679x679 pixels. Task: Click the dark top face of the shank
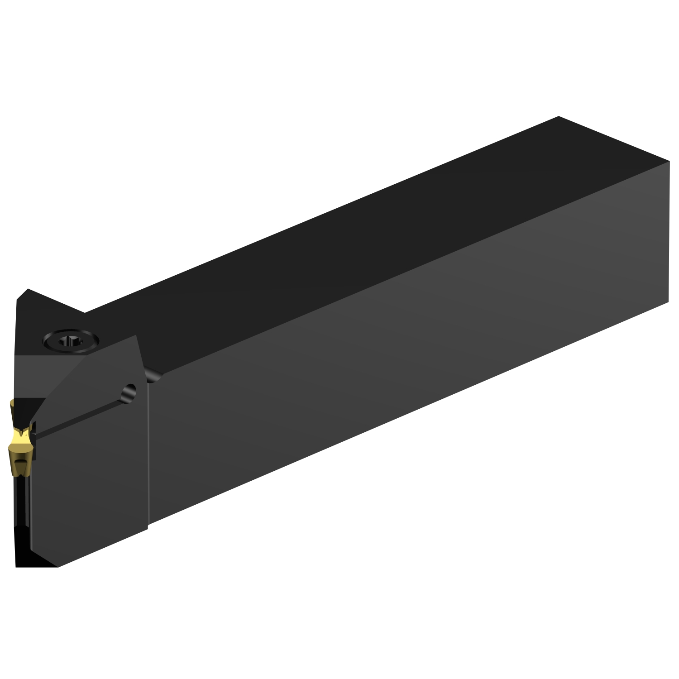(x=362, y=217)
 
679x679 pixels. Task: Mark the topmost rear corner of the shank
(x=559, y=116)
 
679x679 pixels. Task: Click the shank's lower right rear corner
(x=669, y=304)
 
